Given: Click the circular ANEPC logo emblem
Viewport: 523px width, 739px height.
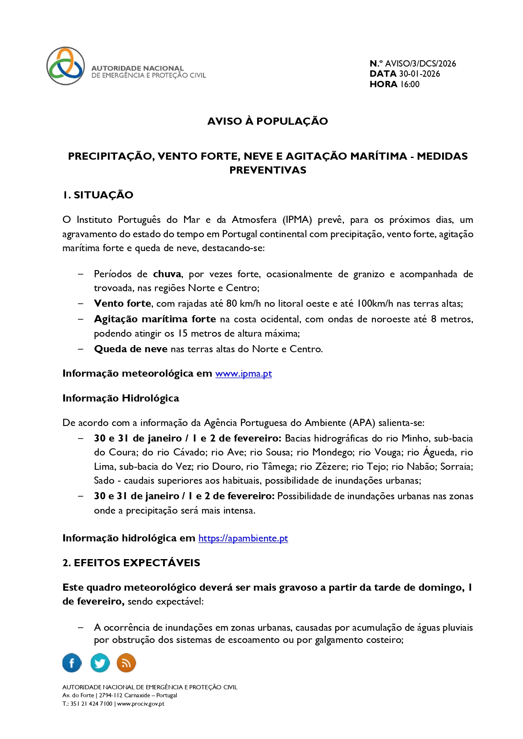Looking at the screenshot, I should pos(65,66).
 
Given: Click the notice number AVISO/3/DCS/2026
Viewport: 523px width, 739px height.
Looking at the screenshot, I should pos(420,64).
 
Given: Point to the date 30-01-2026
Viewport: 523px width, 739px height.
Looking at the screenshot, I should pos(419,74).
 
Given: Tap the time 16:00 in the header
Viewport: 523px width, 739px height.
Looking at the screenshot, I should pos(410,84).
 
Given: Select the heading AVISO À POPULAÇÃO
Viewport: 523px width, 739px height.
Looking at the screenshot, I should pos(268,121).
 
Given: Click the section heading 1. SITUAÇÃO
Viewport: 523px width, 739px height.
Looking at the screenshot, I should pos(98,195).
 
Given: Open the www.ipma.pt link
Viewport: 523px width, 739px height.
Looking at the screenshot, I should pos(244,374).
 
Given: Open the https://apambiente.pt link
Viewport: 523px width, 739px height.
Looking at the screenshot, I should pos(243,538).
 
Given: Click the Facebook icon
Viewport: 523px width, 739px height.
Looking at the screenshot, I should pos(72,663).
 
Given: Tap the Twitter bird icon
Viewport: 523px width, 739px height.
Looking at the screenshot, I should pos(100,663).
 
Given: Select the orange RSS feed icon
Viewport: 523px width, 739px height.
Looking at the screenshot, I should pos(126,663).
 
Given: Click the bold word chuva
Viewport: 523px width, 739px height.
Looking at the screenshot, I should pos(167,274).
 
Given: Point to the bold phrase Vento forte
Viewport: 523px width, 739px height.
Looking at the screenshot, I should pos(123,304).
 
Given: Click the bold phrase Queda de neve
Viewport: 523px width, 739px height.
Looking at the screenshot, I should pos(131,349).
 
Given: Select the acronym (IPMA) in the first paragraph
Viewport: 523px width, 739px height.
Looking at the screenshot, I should pos(297,220).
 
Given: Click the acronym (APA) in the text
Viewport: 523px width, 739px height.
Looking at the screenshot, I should pos(362,423).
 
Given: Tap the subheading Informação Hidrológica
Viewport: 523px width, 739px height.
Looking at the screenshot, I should pos(121,399).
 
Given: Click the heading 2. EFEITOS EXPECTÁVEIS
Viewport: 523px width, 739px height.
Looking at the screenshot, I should pos(131,563).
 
